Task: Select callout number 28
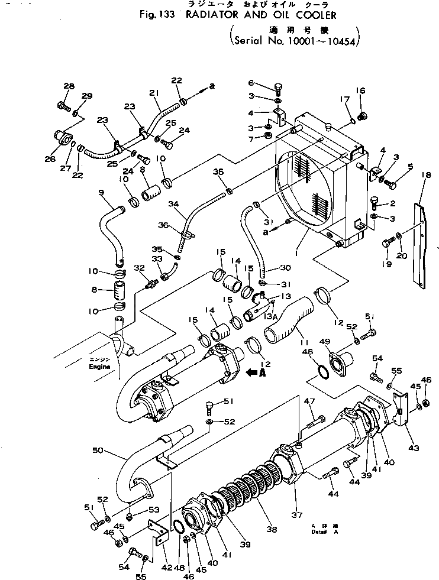69,86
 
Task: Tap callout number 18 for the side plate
424,175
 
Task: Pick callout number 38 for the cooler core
271,530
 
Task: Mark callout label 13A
270,316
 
